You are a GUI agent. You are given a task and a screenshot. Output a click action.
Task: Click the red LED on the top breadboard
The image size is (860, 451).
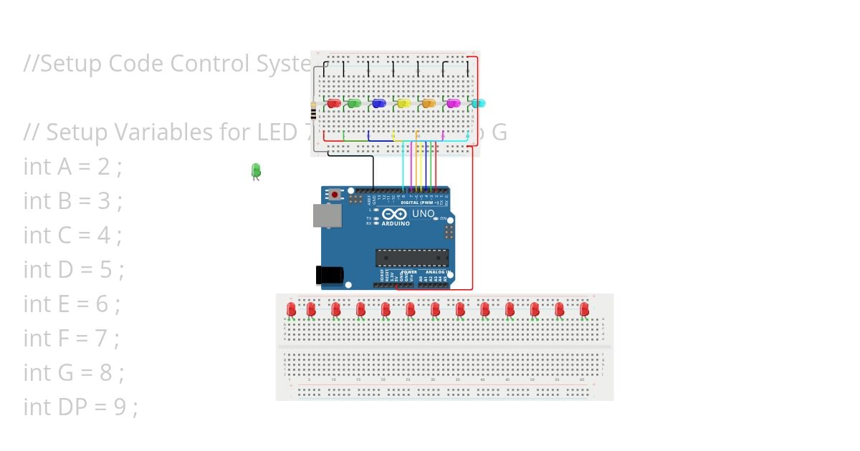333,104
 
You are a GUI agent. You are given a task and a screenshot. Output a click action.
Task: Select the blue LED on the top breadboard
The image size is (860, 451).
379,104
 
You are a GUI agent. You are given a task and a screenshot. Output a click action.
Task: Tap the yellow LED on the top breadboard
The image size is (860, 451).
403,104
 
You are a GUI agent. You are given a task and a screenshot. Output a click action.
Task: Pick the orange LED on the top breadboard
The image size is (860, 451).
429,104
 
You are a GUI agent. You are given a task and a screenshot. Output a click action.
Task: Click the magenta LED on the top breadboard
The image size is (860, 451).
453,104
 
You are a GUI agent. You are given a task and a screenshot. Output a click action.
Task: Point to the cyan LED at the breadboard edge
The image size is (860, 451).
478,104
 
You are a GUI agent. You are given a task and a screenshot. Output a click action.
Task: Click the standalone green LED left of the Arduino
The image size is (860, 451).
256,170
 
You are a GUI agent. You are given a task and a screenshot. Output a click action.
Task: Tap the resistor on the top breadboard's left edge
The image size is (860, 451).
313,111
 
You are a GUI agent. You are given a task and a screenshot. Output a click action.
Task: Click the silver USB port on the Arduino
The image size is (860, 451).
327,215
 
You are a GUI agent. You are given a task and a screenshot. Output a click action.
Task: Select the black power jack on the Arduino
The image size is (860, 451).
330,275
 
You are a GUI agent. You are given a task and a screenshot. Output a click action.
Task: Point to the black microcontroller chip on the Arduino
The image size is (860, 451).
412,258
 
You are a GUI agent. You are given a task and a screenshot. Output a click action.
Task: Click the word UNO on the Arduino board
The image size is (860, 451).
423,213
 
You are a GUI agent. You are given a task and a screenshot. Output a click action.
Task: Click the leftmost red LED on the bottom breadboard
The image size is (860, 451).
291,309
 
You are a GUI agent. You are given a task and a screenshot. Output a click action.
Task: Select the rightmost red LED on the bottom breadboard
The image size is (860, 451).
584,309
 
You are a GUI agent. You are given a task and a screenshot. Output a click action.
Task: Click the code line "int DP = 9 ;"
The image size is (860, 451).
80,407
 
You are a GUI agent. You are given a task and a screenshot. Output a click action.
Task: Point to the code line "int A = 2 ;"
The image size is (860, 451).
72,166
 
